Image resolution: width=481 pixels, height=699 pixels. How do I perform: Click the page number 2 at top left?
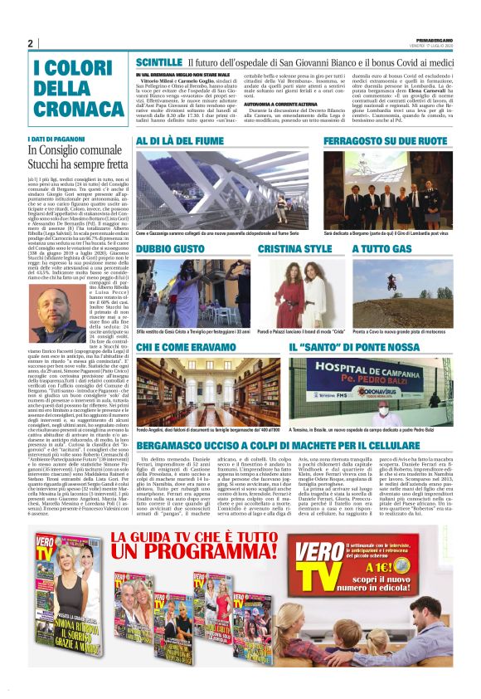click(31, 43)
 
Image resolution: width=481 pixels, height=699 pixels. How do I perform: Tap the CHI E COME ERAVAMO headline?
click(193, 345)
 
